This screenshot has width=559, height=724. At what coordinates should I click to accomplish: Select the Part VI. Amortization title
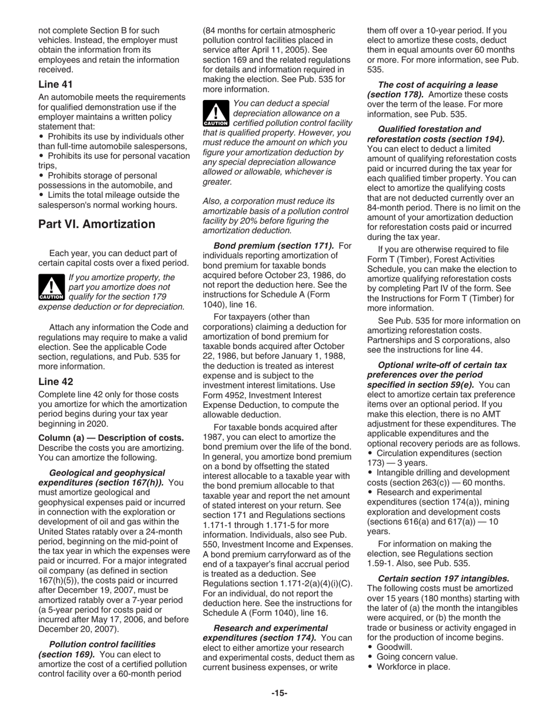97,224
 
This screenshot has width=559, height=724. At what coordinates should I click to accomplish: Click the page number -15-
279,693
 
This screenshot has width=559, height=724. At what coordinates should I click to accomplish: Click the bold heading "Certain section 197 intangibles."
443,579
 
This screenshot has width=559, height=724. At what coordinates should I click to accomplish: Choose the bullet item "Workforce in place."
412,667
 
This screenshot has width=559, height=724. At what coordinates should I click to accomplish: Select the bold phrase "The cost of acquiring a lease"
437,85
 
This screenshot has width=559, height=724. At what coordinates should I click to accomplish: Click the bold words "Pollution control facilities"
102,645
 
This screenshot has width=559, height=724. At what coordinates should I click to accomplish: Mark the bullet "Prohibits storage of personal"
101,175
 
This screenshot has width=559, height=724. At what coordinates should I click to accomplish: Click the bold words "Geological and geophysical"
107,473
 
